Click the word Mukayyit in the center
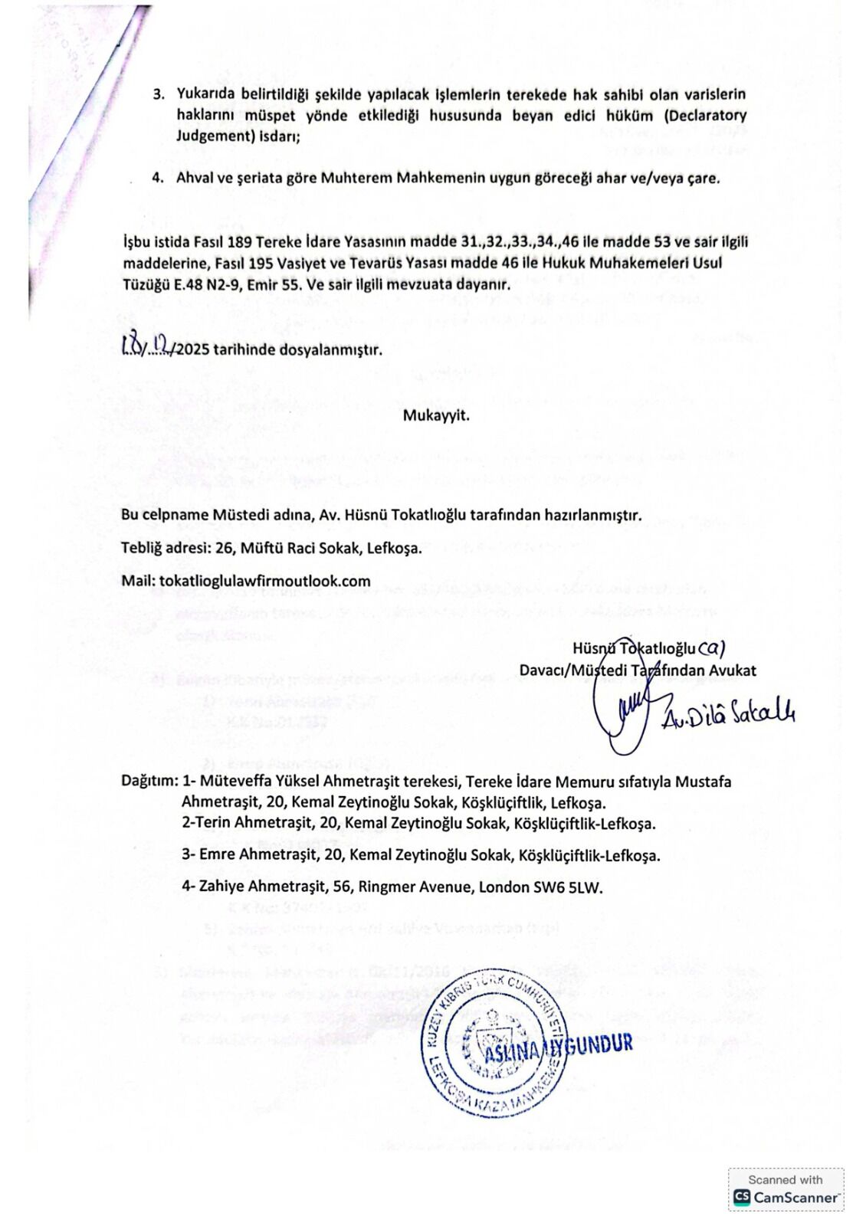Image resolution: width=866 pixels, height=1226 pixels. [x=435, y=418]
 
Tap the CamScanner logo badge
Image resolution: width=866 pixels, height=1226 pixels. [x=786, y=1190]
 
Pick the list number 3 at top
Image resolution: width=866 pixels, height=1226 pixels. [x=159, y=95]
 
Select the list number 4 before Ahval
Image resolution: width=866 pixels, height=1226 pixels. [x=158, y=179]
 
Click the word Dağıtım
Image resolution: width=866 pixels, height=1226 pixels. [x=149, y=782]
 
